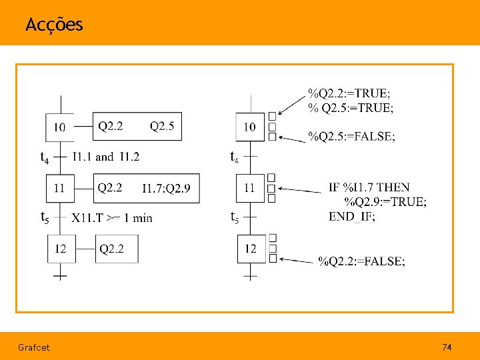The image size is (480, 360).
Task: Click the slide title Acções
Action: (54, 25)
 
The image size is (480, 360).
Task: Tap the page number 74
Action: (447, 347)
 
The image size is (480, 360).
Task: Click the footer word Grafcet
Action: (34, 347)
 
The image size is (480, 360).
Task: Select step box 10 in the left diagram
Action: (59, 127)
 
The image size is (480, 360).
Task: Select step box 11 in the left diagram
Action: (59, 189)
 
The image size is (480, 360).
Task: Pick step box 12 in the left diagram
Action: (60, 249)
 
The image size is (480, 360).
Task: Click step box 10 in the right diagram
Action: (250, 127)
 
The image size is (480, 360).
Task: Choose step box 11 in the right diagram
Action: (249, 188)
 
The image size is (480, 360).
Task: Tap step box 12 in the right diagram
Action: (251, 249)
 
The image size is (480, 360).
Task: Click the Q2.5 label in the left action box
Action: (162, 126)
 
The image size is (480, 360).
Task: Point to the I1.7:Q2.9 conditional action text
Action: (166, 189)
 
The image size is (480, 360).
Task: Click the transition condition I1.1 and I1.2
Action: (105, 157)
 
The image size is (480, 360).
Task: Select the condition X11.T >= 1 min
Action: (112, 217)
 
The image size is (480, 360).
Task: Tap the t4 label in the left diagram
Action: (44, 158)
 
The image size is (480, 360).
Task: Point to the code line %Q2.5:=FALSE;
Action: (351, 137)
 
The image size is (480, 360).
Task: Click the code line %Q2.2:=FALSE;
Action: (361, 261)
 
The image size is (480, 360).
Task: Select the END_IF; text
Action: (351, 217)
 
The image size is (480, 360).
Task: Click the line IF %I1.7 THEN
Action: (369, 187)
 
